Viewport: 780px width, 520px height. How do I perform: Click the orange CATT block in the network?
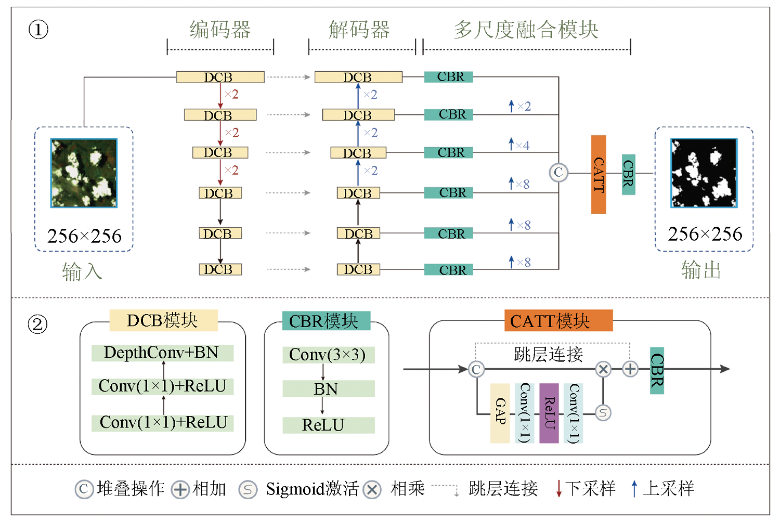pyautogui.click(x=599, y=174)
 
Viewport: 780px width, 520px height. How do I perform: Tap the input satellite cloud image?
pyautogui.click(x=84, y=173)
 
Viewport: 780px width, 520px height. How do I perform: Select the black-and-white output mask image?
pyautogui.click(x=704, y=173)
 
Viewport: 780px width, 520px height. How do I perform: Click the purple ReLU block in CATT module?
pyautogui.click(x=549, y=413)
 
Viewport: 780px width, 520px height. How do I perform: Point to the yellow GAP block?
pyautogui.click(x=500, y=413)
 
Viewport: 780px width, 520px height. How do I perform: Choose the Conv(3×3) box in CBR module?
pyautogui.click(x=328, y=355)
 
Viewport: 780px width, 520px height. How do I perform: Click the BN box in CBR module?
pyautogui.click(x=328, y=388)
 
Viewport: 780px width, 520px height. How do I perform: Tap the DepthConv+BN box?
pyautogui.click(x=162, y=353)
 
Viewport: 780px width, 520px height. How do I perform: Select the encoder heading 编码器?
pyautogui.click(x=220, y=30)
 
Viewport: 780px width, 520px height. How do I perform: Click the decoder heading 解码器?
pyautogui.click(x=360, y=30)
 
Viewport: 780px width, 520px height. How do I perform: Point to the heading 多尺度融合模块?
pyautogui.click(x=526, y=30)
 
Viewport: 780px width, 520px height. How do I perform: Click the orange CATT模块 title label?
pyautogui.click(x=558, y=321)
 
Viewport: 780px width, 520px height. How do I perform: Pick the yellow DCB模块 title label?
pyautogui.click(x=163, y=320)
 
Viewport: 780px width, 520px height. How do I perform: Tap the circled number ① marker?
pyautogui.click(x=38, y=30)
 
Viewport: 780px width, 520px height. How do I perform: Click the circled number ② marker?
pyautogui.click(x=37, y=324)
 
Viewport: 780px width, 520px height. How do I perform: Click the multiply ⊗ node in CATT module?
pyautogui.click(x=603, y=369)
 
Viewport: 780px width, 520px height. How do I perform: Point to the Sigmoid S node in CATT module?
pyautogui.click(x=603, y=413)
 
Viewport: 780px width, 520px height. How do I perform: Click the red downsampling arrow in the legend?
pyautogui.click(x=559, y=488)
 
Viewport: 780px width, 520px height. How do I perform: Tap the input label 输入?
pyautogui.click(x=82, y=271)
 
